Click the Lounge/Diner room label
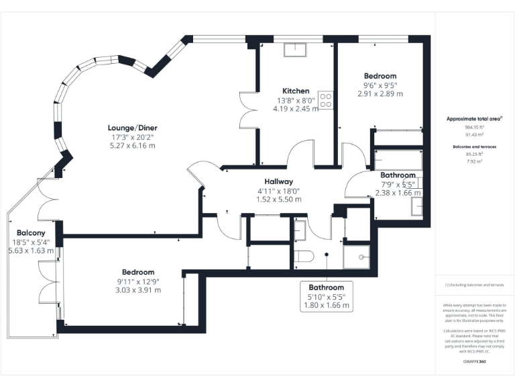coord(132,127)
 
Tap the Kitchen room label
coord(296,91)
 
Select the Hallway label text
coord(278,181)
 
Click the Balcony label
coord(31,232)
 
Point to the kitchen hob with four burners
coord(327,101)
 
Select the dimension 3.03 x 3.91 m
coord(138,290)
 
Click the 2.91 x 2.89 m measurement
coord(380,94)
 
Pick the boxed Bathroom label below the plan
coord(326,287)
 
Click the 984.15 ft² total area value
coord(475,127)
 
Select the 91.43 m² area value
coord(475,135)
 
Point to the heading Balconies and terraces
coord(475,145)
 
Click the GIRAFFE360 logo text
coord(475,361)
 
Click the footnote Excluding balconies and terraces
coord(475,285)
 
